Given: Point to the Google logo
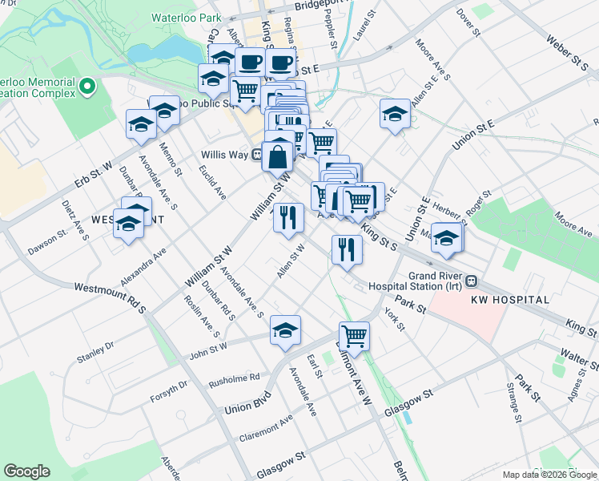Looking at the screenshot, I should (x=26, y=471).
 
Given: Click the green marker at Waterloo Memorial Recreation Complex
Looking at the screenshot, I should (x=88, y=86).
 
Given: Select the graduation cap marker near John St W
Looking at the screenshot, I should (x=285, y=329).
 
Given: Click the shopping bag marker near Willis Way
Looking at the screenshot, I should (x=277, y=154).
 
